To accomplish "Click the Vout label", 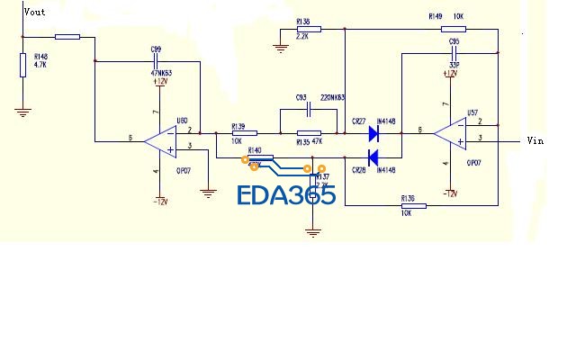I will coord(34,12).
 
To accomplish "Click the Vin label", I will coord(535,140).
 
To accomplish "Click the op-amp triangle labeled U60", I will coord(162,139).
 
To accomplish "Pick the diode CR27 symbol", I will coord(372,133).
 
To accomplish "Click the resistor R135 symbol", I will coord(309,133).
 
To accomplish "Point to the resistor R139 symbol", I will coord(238,133).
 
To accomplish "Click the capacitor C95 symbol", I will coord(455,52).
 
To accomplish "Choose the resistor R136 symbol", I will coord(412,206).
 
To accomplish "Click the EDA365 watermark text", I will coord(286,195).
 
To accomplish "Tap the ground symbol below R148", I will coord(23,112).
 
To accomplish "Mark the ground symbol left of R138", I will coord(281,46).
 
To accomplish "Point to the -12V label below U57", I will coord(451,193).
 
